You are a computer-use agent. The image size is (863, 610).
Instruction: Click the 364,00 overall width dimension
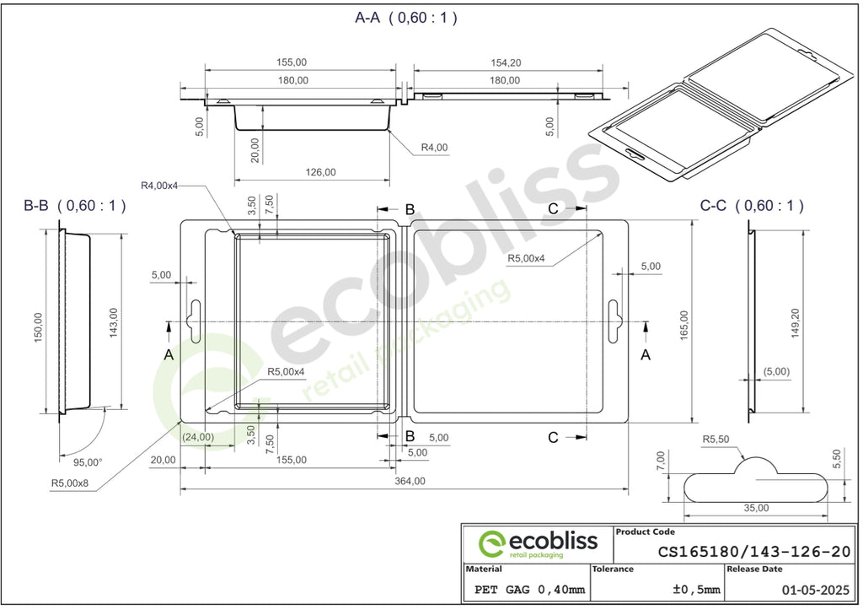pos(410,481)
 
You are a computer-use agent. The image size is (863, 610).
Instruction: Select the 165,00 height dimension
pos(684,325)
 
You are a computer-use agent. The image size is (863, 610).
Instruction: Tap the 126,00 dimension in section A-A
pos(320,172)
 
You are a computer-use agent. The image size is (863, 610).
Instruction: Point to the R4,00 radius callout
pos(434,147)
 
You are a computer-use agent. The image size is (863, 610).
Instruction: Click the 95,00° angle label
pos(88,462)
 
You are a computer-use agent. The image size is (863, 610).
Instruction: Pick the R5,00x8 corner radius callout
pos(70,483)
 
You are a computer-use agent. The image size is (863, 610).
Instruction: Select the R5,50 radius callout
pos(716,440)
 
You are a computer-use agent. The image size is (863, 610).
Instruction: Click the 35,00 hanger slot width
pos(756,508)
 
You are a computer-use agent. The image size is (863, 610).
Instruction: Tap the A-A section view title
pos(406,18)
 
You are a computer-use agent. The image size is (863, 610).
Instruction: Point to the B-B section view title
pos(75,206)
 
